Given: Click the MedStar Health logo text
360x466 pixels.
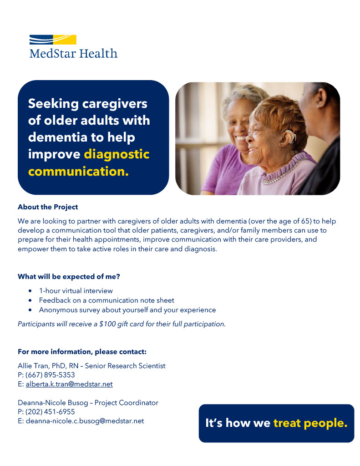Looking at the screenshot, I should (x=73, y=53).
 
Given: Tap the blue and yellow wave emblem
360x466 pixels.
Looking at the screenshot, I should (x=53, y=40).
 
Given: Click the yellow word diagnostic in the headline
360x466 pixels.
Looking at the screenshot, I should (x=117, y=154).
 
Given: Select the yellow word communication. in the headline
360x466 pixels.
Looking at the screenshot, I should (x=78, y=172).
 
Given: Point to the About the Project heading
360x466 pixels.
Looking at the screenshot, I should (x=48, y=207).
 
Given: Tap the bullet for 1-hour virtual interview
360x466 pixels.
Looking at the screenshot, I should (x=30, y=291).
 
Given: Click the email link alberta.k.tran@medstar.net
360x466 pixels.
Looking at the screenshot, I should (x=69, y=384).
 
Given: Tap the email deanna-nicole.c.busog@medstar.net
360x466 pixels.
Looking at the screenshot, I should (x=85, y=421).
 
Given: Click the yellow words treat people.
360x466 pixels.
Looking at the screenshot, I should (x=310, y=423).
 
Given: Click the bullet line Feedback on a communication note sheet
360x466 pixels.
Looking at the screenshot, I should (x=106, y=300).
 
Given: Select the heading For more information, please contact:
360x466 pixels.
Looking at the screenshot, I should (x=82, y=352).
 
